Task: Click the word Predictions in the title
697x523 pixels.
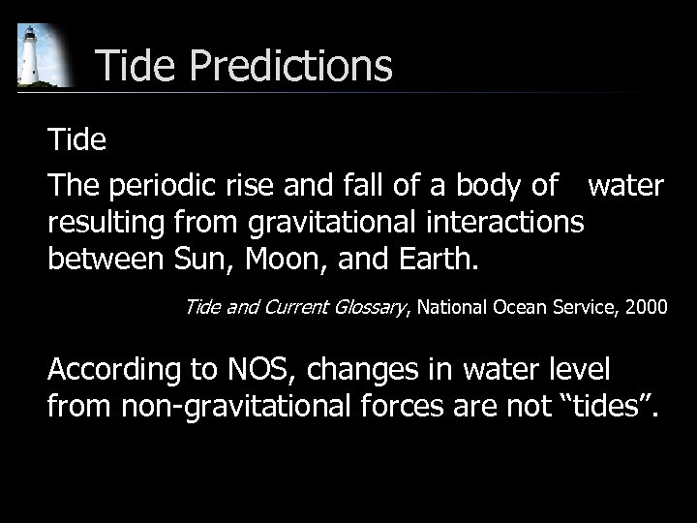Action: (291, 66)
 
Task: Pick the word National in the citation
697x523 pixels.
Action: (454, 308)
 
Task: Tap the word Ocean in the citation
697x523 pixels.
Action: (521, 308)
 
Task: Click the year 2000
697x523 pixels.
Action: (646, 308)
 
